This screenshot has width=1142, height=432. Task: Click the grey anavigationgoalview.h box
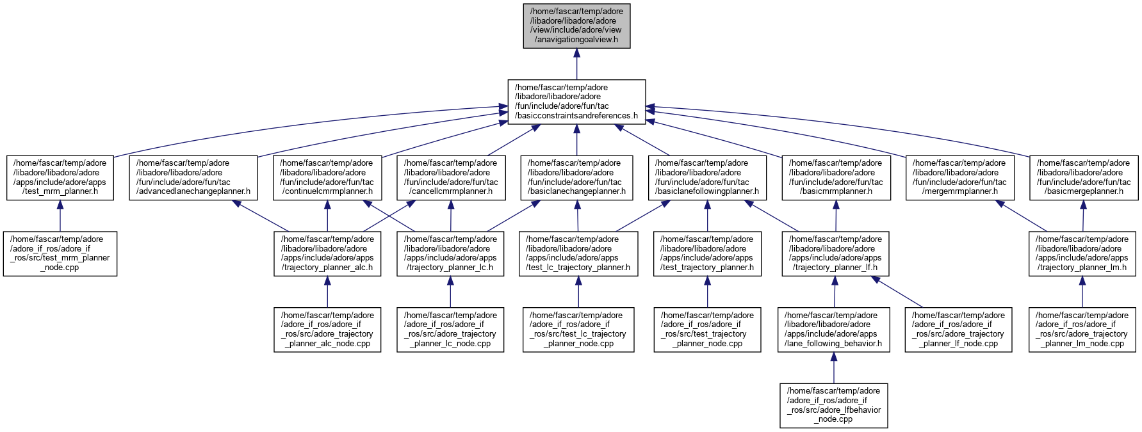(576, 25)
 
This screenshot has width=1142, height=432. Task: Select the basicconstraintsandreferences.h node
(576, 102)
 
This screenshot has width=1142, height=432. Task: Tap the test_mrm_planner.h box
(60, 177)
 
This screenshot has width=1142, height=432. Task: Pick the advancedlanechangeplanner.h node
(193, 177)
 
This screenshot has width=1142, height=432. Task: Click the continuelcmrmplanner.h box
(327, 177)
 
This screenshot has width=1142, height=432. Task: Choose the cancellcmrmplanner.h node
(451, 177)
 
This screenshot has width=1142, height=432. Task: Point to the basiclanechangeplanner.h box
(577, 177)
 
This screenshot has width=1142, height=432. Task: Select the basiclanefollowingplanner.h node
(707, 177)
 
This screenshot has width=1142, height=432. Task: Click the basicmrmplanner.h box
(836, 177)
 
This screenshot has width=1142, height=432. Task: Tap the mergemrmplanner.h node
(959, 177)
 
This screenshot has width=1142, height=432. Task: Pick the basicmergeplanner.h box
(1083, 177)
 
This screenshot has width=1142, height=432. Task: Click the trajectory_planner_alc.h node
(327, 253)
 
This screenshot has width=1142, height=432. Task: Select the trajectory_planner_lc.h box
(450, 253)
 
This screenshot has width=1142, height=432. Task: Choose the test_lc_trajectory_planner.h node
(578, 253)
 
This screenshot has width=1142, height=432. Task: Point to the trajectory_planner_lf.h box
(835, 253)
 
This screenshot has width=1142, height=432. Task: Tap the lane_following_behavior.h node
(834, 330)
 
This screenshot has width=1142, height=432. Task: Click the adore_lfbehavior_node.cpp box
(834, 406)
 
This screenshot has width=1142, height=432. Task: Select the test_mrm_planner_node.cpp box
(60, 253)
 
